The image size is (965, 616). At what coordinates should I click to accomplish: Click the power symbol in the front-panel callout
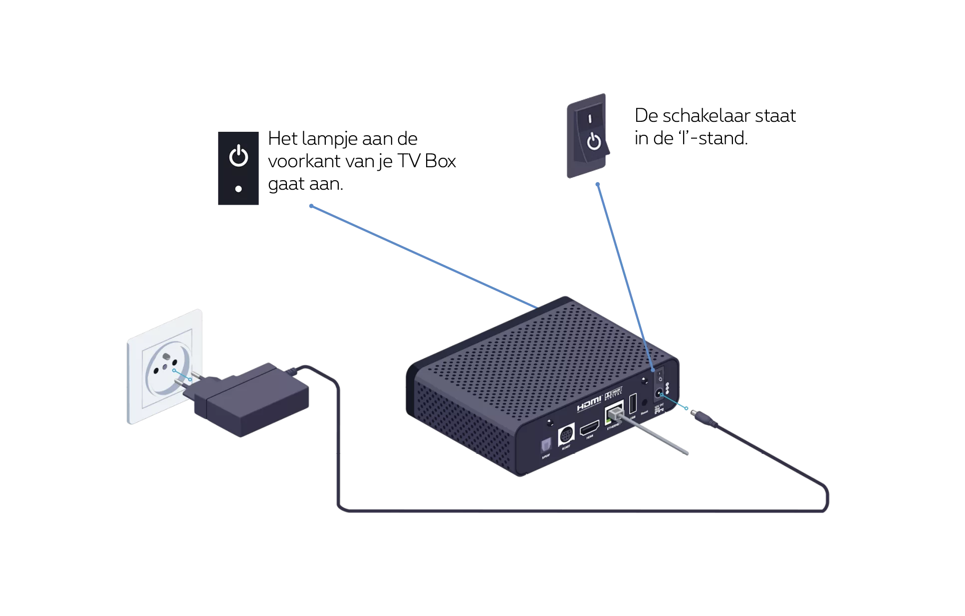(x=239, y=156)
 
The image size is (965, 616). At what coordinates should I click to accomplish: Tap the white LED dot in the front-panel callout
(x=239, y=189)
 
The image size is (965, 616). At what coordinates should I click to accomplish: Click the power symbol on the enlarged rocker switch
(x=594, y=141)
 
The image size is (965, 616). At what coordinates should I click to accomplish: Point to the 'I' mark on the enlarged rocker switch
(x=590, y=119)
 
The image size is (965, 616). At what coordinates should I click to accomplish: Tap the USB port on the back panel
(x=633, y=402)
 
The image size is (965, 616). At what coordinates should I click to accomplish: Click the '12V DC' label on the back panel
(x=662, y=408)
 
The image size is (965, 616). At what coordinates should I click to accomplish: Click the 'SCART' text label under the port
(x=566, y=447)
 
